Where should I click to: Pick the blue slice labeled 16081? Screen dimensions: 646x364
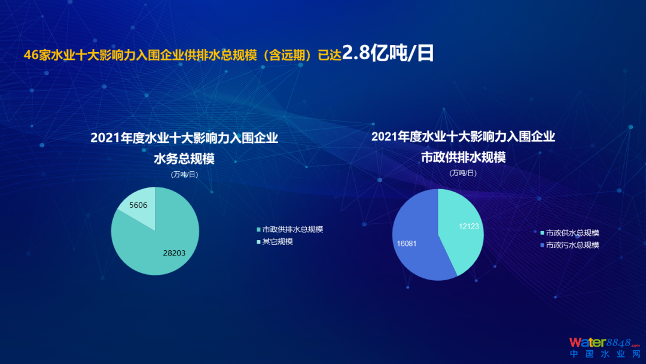click(x=416, y=239)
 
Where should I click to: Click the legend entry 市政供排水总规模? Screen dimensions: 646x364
click(x=290, y=229)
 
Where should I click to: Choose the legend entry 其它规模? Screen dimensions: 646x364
click(x=275, y=241)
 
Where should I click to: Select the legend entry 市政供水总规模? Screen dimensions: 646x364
click(x=570, y=233)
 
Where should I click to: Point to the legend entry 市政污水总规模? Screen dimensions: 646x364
click(x=570, y=245)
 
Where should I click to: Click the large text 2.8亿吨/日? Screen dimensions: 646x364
click(x=388, y=53)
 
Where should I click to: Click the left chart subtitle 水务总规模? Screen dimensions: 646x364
click(x=184, y=159)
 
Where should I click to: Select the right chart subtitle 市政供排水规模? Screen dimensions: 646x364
click(x=463, y=157)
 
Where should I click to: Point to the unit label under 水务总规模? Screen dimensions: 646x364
click(x=184, y=174)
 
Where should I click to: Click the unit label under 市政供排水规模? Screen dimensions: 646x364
click(x=463, y=173)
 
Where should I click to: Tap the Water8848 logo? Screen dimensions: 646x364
click(x=605, y=342)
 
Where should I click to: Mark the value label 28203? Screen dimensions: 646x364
click(x=174, y=253)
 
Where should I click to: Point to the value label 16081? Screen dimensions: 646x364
click(x=407, y=244)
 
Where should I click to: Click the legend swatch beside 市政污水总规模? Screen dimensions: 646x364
click(x=542, y=245)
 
